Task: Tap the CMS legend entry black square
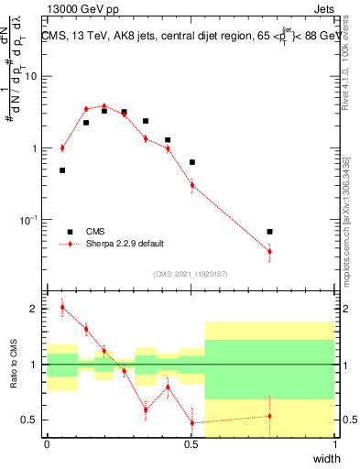[x=69, y=232]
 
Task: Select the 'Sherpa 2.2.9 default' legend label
[x=125, y=244]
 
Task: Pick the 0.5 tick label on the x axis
[x=191, y=444]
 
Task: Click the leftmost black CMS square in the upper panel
[x=62, y=170]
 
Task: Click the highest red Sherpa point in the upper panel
[x=104, y=106]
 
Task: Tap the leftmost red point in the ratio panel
[x=62, y=308]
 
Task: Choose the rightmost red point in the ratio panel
[x=269, y=416]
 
